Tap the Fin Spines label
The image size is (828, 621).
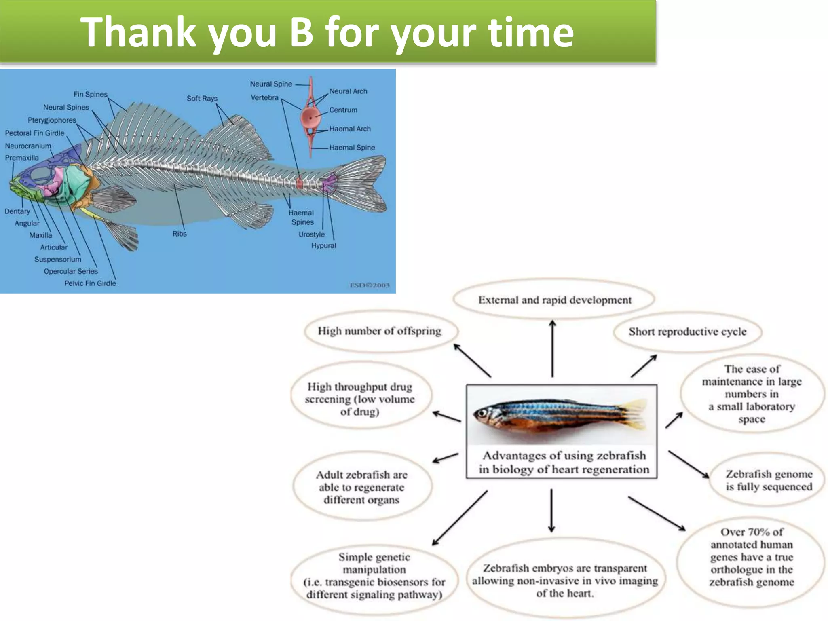90,94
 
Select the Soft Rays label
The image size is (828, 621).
202,98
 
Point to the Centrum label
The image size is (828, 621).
343,110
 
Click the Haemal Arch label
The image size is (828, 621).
350,129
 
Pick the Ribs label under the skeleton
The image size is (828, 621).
180,234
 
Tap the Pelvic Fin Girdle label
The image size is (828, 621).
90,283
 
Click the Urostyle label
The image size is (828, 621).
311,234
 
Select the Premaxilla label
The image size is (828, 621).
22,158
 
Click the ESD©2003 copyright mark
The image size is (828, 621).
369,285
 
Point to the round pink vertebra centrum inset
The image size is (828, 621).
310,118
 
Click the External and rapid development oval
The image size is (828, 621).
554,300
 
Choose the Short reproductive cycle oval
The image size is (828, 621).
687,332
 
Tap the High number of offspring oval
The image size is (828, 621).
379,331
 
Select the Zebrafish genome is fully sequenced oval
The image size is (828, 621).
769,480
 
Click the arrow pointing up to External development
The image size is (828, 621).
552,348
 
